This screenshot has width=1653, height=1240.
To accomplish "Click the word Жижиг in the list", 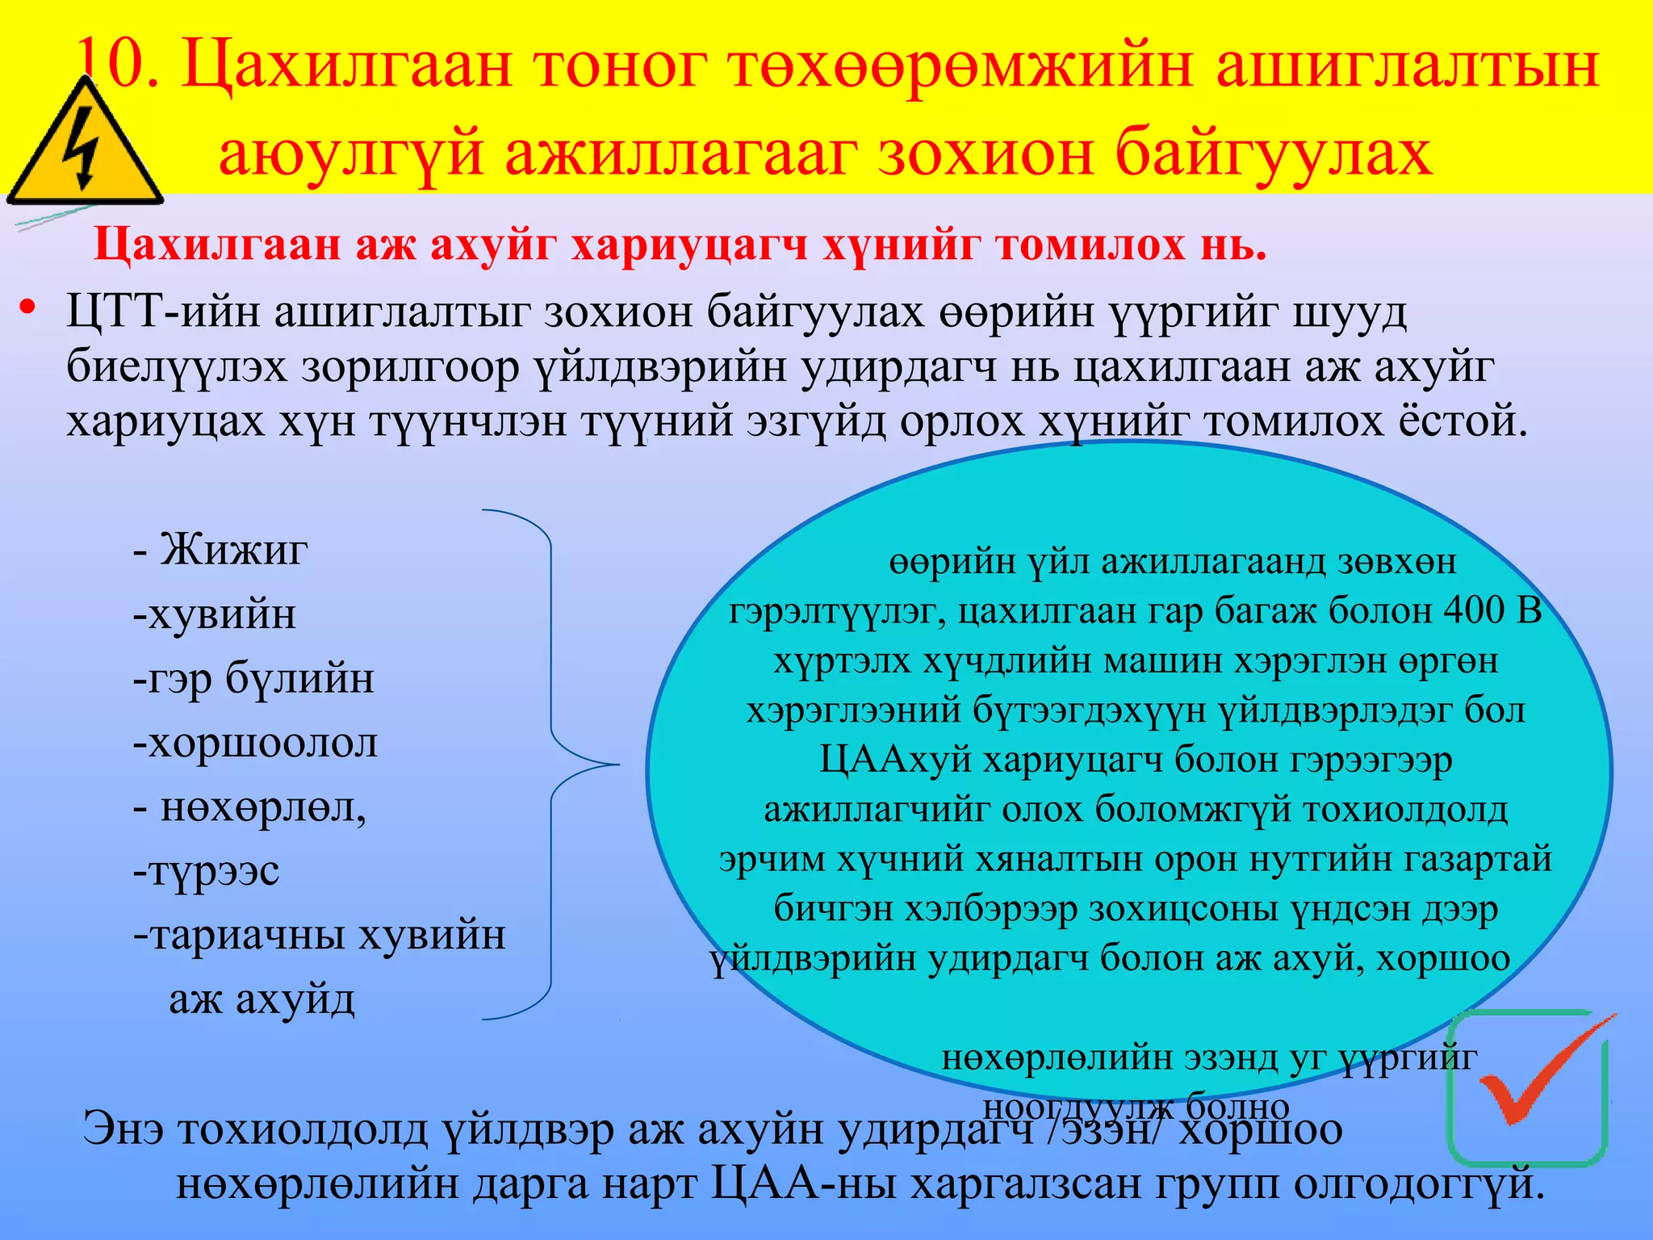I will coord(234,550).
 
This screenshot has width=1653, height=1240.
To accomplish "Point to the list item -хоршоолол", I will coord(255,743).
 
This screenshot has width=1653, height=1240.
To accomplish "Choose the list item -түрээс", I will coord(207,870).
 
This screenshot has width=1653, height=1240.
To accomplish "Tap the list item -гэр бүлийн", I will coord(253,678).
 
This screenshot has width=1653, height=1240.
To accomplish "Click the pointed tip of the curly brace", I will coord(617,764).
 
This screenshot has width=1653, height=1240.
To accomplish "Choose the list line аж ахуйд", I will coord(262,999).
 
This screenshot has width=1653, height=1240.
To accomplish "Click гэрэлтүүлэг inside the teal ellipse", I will coord(836,611).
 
